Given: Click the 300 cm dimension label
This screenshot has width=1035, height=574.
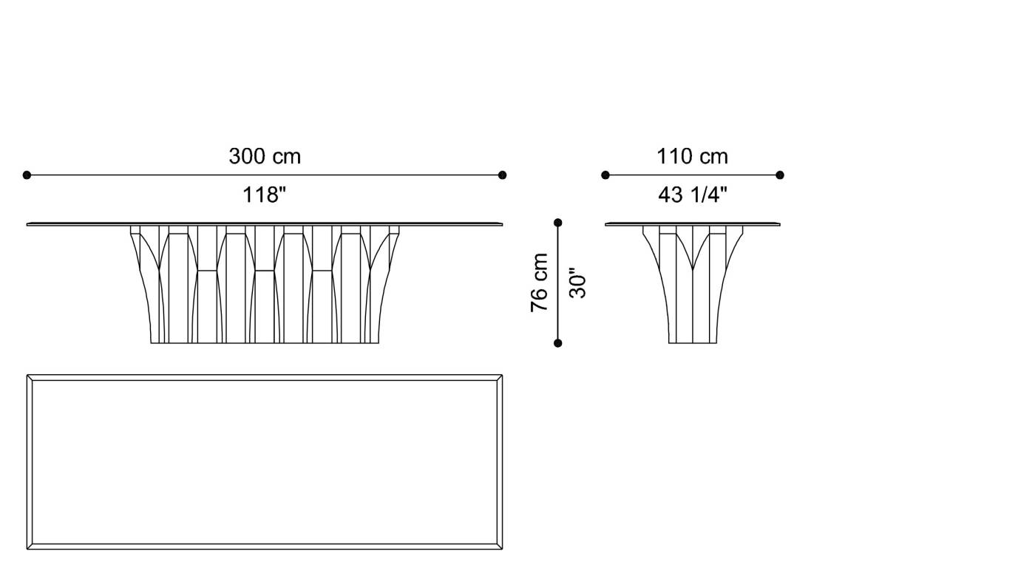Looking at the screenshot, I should (265, 157).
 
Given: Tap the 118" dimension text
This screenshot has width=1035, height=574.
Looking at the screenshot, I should (265, 195).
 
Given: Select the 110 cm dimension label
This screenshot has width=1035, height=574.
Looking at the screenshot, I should (692, 157).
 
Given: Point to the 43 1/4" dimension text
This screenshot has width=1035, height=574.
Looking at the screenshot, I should (692, 195).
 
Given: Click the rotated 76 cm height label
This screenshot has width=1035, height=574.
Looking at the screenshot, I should (540, 283).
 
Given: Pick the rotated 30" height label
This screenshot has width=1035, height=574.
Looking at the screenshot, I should (578, 283).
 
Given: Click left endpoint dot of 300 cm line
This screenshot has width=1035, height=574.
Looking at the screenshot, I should (27, 175).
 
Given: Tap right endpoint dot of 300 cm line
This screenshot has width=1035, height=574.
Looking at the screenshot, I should (503, 175).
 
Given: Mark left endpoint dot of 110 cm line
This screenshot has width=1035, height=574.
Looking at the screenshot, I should (605, 175).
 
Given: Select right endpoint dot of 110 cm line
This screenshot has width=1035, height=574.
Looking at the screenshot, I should (780, 175).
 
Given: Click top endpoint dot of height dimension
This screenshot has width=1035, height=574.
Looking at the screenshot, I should (558, 223).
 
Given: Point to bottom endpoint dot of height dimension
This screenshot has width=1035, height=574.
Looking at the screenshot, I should (558, 342).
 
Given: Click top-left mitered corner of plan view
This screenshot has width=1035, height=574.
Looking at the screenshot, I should (30, 378).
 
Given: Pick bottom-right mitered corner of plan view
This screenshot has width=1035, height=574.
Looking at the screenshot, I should (501, 547).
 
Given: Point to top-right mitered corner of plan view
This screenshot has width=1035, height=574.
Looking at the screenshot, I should (501, 378).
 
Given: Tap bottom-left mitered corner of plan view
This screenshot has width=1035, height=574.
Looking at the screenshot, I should (30, 547).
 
